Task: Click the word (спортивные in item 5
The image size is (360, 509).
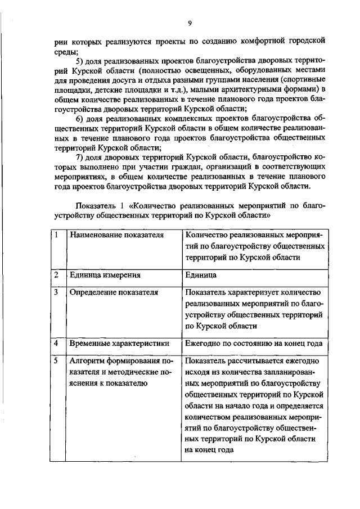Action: tap(303, 80)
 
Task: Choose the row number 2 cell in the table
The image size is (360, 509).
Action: tap(57, 275)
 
